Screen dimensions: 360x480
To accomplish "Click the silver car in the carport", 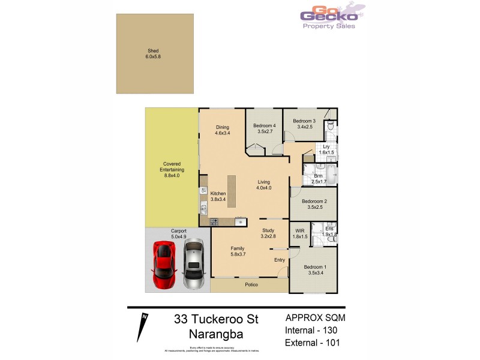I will tap(194, 265).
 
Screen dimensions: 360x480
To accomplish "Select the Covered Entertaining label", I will tap(172, 170).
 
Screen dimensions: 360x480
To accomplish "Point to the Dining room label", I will tap(223, 130).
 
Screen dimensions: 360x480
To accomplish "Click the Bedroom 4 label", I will tap(265, 128).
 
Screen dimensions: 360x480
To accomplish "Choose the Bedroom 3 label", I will tap(304, 124).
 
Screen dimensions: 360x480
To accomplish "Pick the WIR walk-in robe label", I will tap(299, 234).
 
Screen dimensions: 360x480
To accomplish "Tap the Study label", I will tap(268, 233).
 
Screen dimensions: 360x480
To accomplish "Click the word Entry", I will tap(280, 260).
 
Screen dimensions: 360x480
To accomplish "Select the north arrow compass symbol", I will tap(144, 329).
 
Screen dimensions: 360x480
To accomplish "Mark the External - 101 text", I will tap(314, 344).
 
